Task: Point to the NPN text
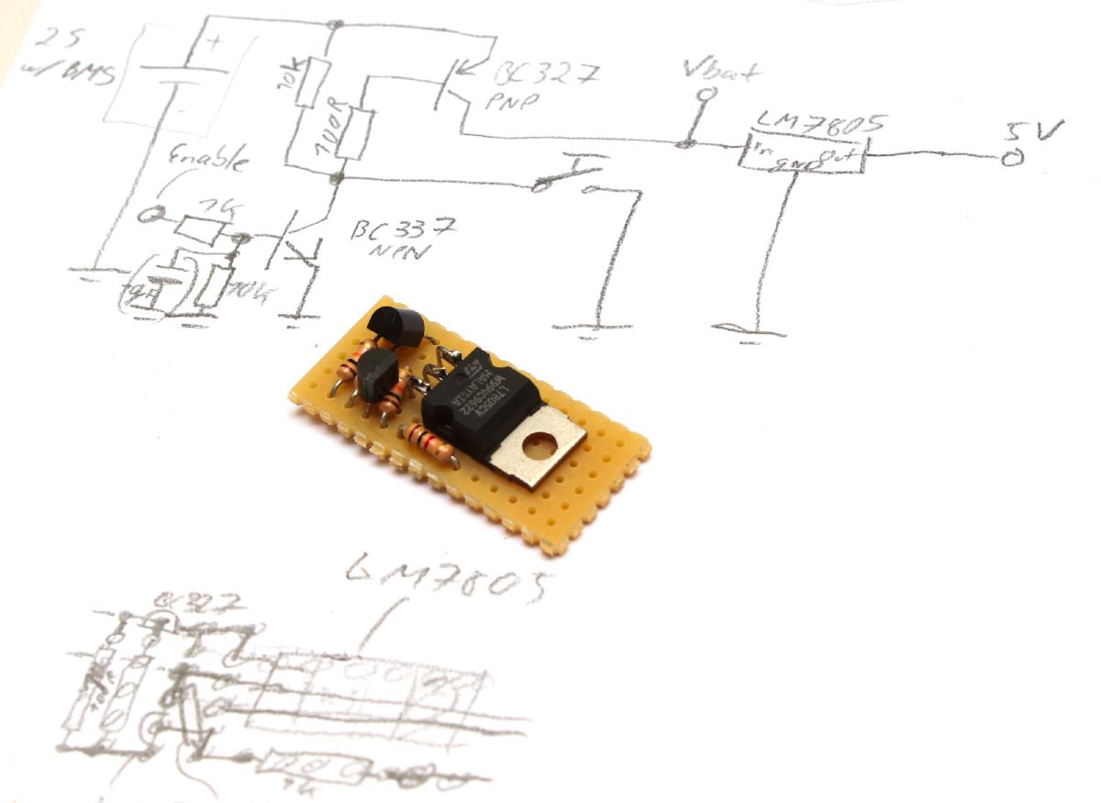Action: [x=391, y=253]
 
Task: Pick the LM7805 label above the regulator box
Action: [x=808, y=122]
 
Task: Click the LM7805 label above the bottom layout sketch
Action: [x=450, y=579]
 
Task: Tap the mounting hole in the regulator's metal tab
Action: [x=539, y=449]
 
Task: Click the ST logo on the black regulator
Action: [x=473, y=366]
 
